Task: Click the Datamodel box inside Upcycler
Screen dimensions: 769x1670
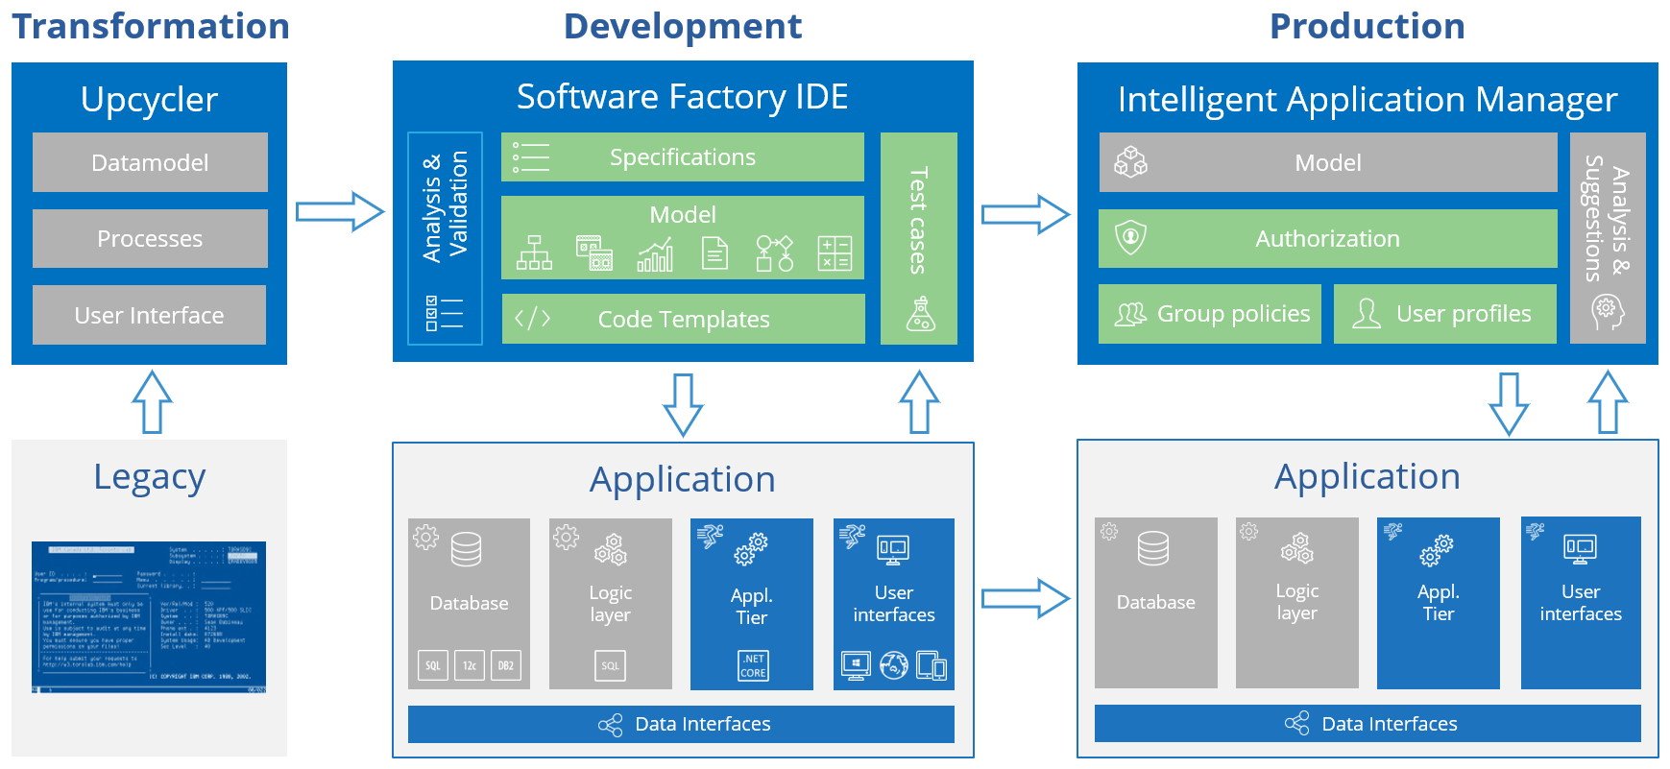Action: pyautogui.click(x=150, y=162)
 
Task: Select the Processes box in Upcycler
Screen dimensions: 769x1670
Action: pyautogui.click(x=150, y=238)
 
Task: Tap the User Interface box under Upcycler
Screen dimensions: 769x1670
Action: pyautogui.click(x=150, y=315)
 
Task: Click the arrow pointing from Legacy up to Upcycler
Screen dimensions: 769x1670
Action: pyautogui.click(x=152, y=401)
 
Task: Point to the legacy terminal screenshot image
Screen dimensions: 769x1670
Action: pyautogui.click(x=149, y=617)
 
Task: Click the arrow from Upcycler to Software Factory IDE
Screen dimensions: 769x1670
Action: pyautogui.click(x=339, y=211)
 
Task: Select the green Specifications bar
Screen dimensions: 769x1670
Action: pyautogui.click(x=682, y=157)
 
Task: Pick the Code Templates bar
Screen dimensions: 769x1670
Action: pyautogui.click(x=683, y=319)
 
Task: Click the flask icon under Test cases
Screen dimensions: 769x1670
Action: pyautogui.click(x=920, y=315)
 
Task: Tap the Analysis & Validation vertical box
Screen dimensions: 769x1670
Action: pyautogui.click(x=445, y=237)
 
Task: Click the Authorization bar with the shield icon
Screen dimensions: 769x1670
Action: pyautogui.click(x=1327, y=238)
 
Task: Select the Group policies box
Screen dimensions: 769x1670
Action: pyautogui.click(x=1210, y=314)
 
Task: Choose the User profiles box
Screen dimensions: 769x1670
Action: pyautogui.click(x=1444, y=314)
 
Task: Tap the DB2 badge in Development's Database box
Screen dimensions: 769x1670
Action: pyautogui.click(x=505, y=665)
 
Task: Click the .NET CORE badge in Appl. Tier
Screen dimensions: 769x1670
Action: pyautogui.click(x=753, y=665)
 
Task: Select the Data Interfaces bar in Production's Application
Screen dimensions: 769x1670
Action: pyautogui.click(x=1367, y=724)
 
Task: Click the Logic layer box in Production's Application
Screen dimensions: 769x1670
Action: pyautogui.click(x=1296, y=602)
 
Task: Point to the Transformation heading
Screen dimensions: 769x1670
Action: pyautogui.click(x=151, y=26)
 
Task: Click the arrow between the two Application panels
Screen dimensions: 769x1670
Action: pyautogui.click(x=1025, y=598)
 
